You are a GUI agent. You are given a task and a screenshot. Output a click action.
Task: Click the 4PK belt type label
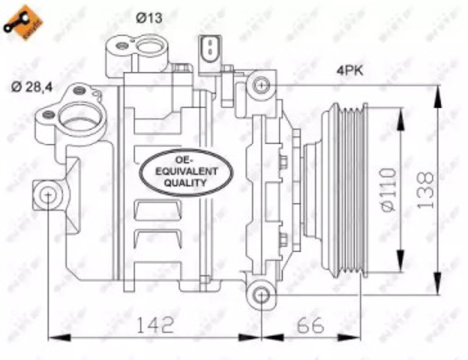click(350, 73)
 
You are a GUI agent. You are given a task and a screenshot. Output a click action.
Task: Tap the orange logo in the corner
click(20, 20)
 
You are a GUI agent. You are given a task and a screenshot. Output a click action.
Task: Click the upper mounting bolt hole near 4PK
click(260, 84)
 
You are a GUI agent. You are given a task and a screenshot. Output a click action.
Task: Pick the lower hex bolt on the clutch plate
click(283, 240)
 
